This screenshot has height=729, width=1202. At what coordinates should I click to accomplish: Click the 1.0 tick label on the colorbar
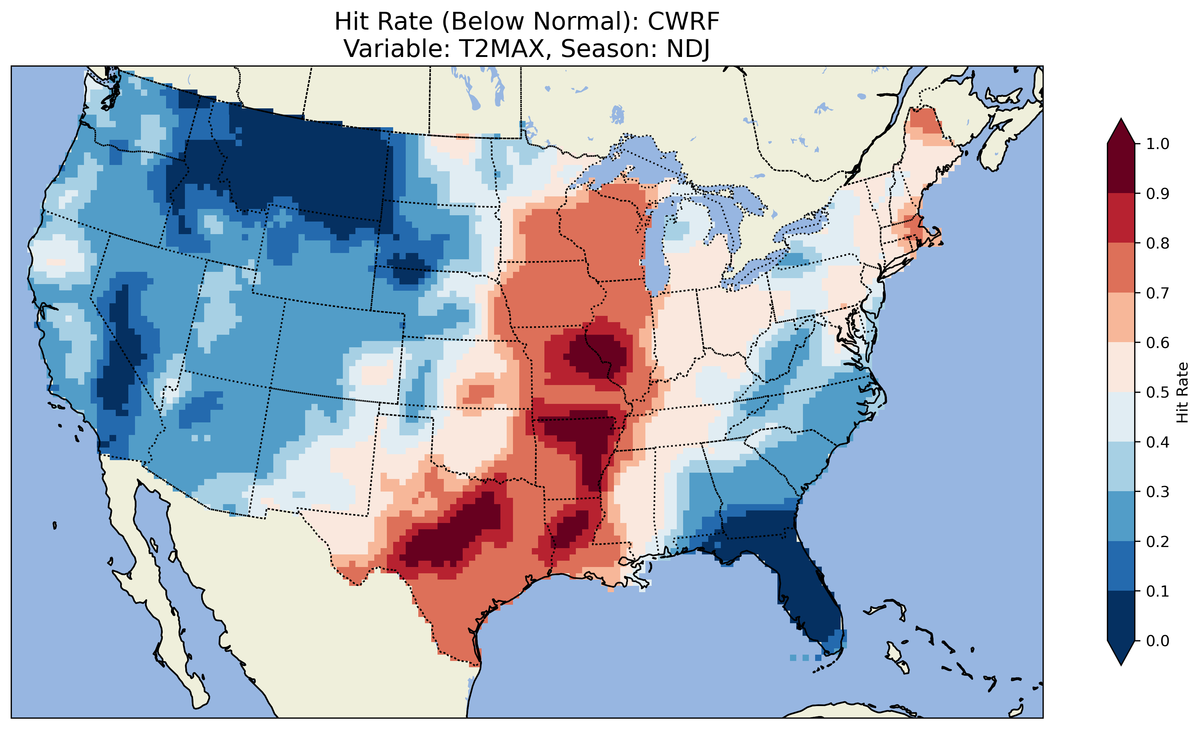[x=1158, y=144]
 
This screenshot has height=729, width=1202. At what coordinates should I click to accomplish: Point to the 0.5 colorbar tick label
[x=1158, y=392]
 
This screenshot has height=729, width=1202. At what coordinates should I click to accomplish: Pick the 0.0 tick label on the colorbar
[x=1158, y=641]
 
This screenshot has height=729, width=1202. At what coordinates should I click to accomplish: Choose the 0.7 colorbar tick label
[x=1158, y=293]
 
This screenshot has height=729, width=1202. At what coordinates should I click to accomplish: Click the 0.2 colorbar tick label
[x=1158, y=541]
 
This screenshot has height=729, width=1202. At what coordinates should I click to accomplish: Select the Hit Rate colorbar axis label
[x=1182, y=392]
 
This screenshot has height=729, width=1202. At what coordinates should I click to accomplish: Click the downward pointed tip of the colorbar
[x=1121, y=663]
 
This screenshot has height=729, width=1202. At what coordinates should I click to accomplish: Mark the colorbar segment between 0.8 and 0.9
[x=1121, y=218]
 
